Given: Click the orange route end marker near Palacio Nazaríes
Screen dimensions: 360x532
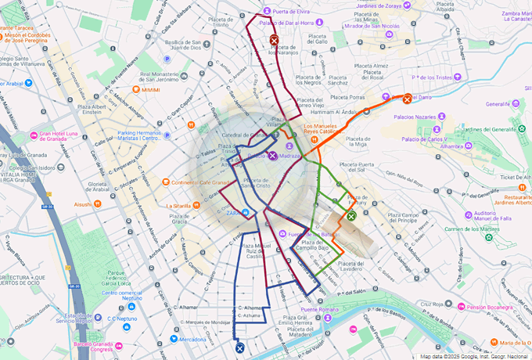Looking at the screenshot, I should (x=408, y=99).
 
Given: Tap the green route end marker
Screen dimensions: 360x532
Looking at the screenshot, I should (x=351, y=216).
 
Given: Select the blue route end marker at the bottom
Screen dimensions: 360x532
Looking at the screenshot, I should (x=240, y=349).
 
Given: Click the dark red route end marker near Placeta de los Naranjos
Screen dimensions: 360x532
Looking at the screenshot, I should (x=274, y=40).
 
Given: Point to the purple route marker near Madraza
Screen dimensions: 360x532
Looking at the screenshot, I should (x=272, y=156).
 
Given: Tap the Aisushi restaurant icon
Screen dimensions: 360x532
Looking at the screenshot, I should (x=99, y=204).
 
